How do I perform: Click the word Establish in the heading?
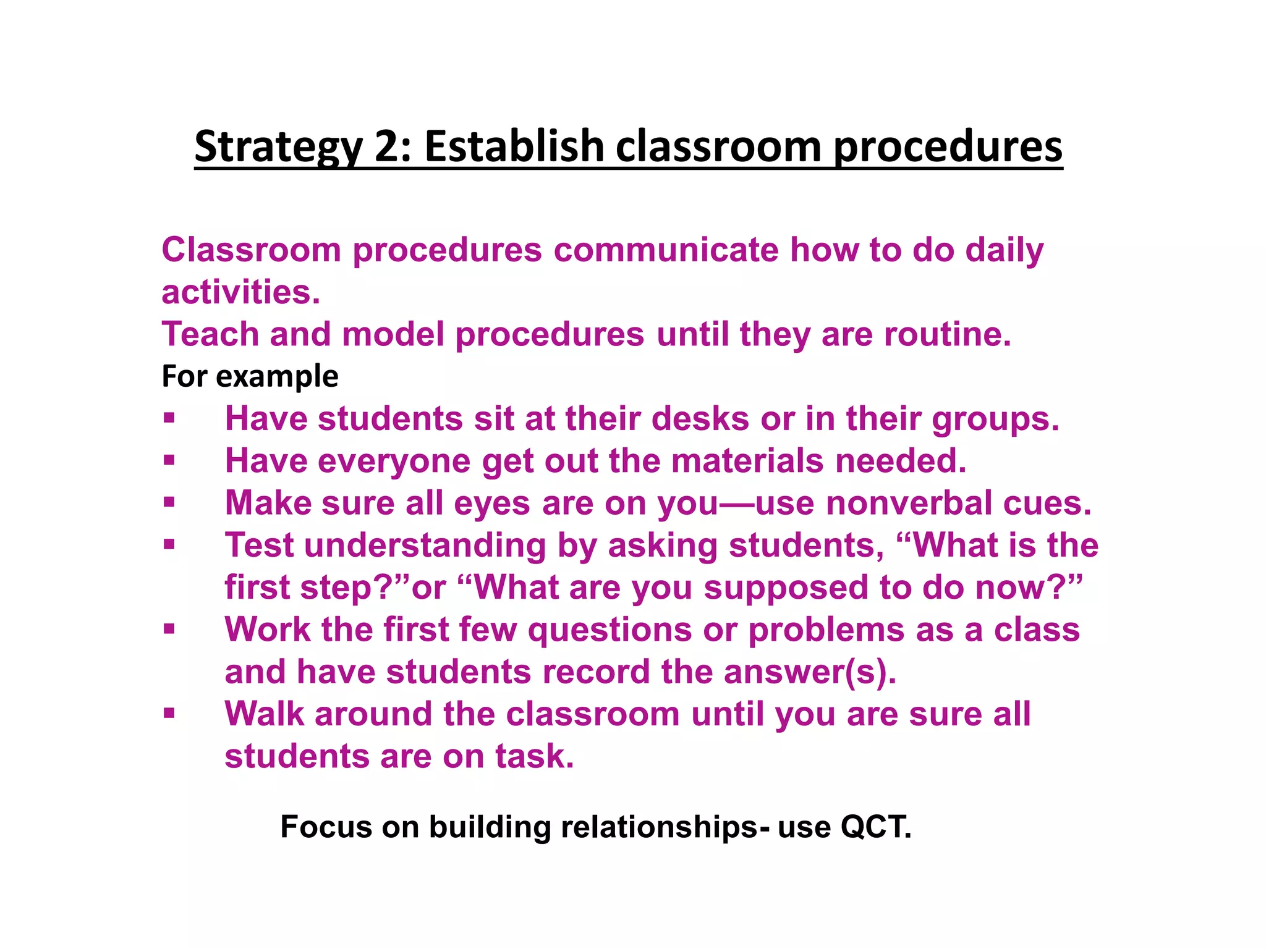click(x=514, y=147)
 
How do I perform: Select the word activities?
click(x=240, y=292)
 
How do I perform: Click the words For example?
click(x=250, y=376)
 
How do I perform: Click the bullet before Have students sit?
click(x=169, y=418)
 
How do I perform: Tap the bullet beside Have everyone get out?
click(x=169, y=460)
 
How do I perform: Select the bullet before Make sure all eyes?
click(x=169, y=502)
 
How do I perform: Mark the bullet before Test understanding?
click(x=169, y=545)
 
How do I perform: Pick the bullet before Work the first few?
click(x=169, y=629)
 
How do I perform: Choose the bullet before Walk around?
click(x=169, y=714)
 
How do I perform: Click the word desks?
click(x=700, y=419)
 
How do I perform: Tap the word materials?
click(x=747, y=461)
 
